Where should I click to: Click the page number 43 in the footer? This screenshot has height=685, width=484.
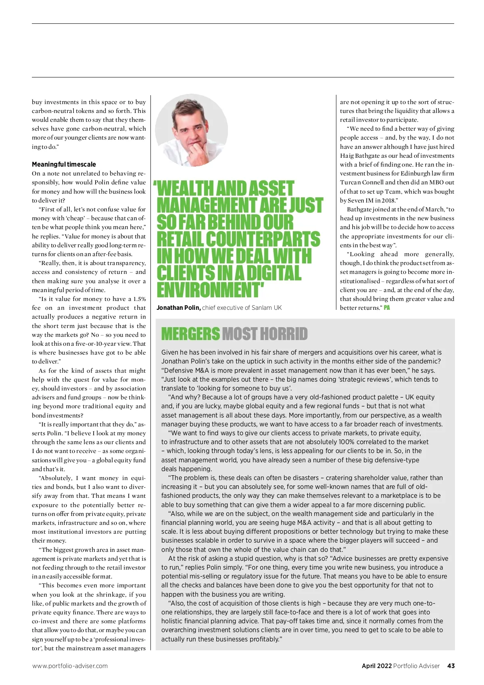point(451,666)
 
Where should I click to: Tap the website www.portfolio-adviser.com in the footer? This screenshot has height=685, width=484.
point(70,666)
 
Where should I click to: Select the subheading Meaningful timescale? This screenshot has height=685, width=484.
point(64,164)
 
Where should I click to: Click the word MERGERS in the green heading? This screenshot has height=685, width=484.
point(190,334)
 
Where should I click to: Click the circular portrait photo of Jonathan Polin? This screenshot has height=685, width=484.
point(192,130)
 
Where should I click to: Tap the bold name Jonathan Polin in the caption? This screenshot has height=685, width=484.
point(178,308)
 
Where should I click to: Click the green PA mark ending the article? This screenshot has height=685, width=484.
point(387,308)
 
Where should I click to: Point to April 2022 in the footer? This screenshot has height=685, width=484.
point(376,666)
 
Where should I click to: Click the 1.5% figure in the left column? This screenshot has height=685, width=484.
point(139,299)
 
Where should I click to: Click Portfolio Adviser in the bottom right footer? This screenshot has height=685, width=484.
point(416,666)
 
